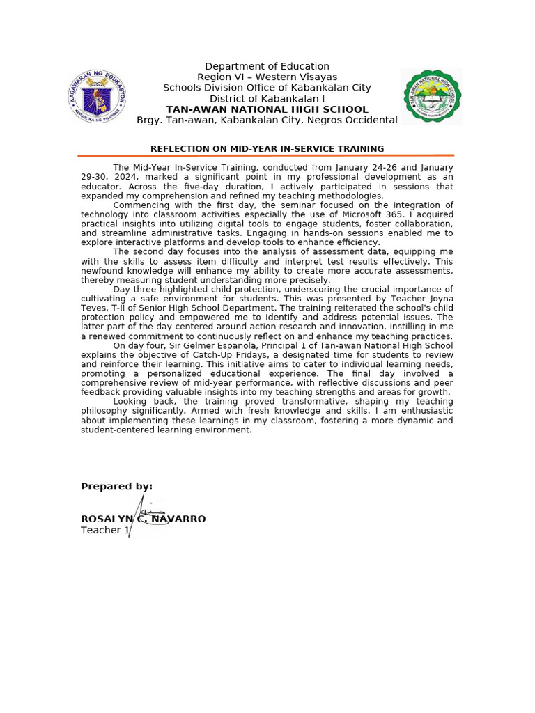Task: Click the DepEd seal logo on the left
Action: click(98, 97)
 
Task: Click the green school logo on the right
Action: click(433, 96)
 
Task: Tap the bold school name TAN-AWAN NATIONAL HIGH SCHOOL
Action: click(267, 109)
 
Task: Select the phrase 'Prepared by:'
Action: click(116, 487)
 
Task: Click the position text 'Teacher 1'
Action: click(105, 531)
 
